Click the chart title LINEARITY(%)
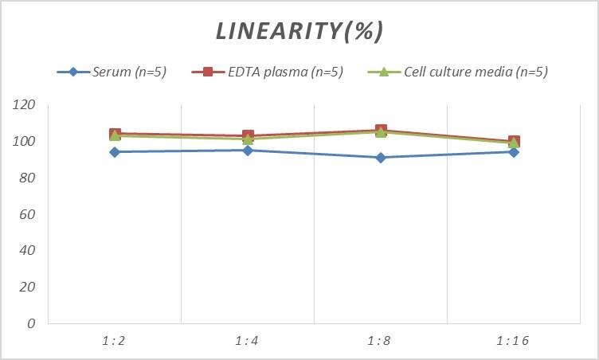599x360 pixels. pyautogui.click(x=299, y=30)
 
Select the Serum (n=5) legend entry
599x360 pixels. pyautogui.click(x=128, y=72)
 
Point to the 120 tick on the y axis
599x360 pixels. pyautogui.click(x=25, y=105)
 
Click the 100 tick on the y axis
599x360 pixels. pyautogui.click(x=25, y=142)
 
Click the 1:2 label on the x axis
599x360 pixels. pyautogui.click(x=114, y=341)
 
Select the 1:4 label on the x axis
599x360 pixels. pyautogui.click(x=247, y=341)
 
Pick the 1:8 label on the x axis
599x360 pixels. pyautogui.click(x=380, y=341)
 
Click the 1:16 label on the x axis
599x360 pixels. pyautogui.click(x=513, y=341)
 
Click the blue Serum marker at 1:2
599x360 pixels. pyautogui.click(x=115, y=152)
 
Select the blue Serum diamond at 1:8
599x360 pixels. pyautogui.click(x=381, y=158)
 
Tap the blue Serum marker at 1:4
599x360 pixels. pyautogui.click(x=248, y=151)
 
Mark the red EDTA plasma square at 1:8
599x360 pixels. pyautogui.click(x=381, y=131)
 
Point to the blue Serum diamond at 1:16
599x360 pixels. pyautogui.click(x=514, y=152)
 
